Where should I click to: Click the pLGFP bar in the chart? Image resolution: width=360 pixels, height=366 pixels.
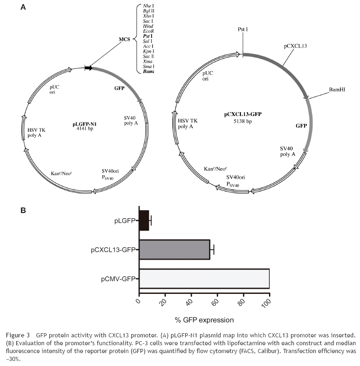click(144, 220)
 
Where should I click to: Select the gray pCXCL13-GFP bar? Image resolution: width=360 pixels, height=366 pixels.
click(174, 250)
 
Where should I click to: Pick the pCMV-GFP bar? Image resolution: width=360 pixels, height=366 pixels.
click(204, 279)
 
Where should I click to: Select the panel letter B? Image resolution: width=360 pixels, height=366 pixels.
click(23, 211)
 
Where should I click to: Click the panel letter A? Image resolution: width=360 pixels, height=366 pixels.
click(23, 7)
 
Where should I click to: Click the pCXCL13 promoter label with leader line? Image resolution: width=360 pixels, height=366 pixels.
click(294, 47)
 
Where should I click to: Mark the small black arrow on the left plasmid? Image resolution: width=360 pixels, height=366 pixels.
click(88, 68)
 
